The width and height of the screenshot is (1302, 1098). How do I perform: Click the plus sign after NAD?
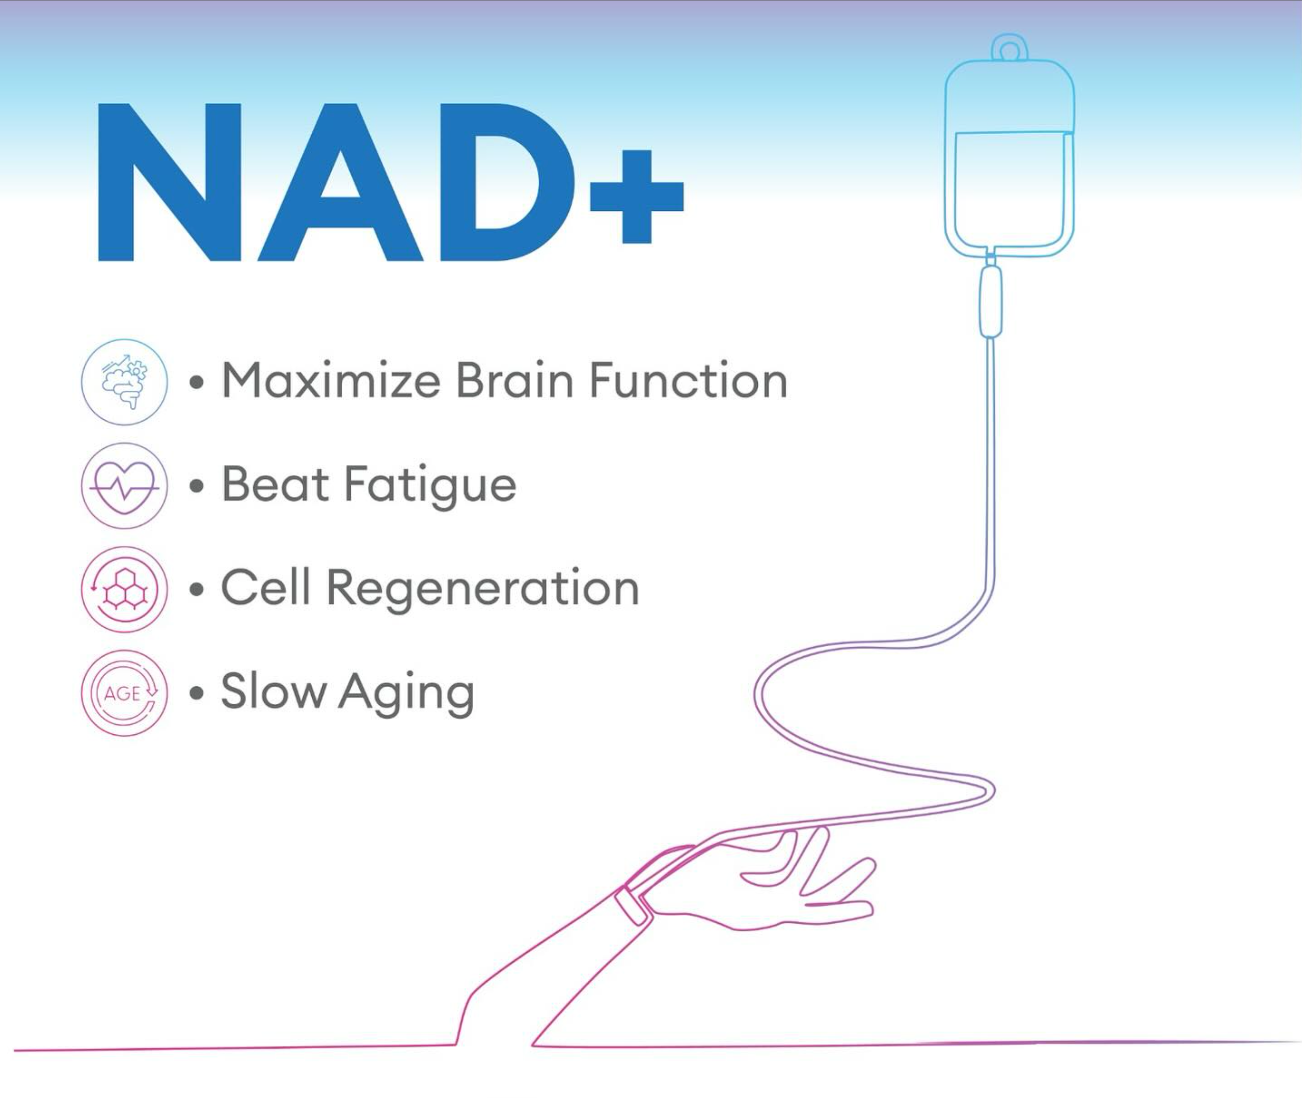point(637,197)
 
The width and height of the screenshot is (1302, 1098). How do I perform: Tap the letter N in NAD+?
point(170,182)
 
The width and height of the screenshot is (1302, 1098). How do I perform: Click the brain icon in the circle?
point(124,382)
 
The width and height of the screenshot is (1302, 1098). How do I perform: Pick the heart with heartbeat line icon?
point(124,486)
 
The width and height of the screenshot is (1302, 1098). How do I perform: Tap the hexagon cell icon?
point(124,590)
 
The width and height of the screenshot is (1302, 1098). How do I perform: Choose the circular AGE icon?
point(124,693)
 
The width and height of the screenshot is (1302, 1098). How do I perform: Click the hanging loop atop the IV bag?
point(1009,47)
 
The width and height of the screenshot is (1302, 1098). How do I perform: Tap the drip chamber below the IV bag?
point(991,301)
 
